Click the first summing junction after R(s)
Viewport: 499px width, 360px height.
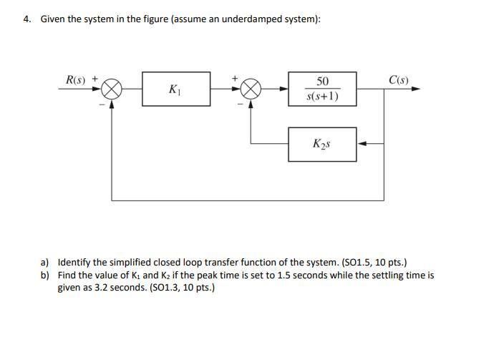pyautogui.click(x=112, y=89)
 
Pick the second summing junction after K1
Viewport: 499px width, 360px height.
pyautogui.click(x=251, y=89)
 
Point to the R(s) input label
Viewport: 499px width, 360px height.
pyautogui.click(x=75, y=79)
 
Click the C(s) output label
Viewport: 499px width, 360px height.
pyautogui.click(x=399, y=79)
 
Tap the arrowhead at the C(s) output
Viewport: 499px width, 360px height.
pyautogui.click(x=416, y=89)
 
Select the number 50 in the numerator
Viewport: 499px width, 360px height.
pyautogui.click(x=322, y=81)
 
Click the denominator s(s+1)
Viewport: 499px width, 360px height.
pyautogui.click(x=322, y=96)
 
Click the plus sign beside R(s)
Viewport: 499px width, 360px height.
pyautogui.click(x=95, y=78)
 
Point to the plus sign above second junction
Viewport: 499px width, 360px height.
pyautogui.click(x=235, y=78)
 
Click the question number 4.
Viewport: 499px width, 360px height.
pyautogui.click(x=26, y=19)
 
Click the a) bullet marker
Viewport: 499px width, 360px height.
pyautogui.click(x=45, y=263)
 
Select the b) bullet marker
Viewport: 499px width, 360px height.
pyautogui.click(x=45, y=276)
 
